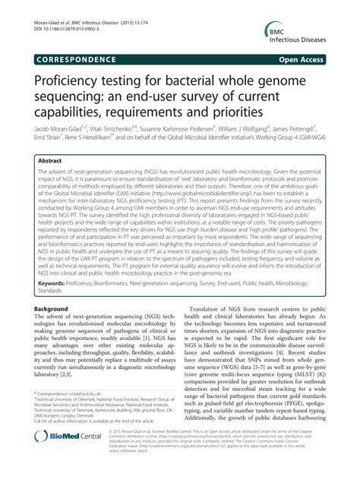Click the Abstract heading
[52, 162]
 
